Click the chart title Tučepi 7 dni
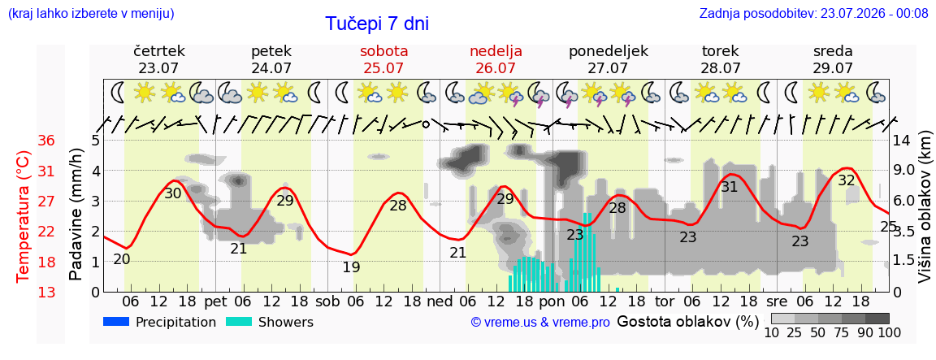pyautogui.click(x=377, y=24)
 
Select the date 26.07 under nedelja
pyautogui.click(x=496, y=67)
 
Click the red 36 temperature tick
pyautogui.click(x=46, y=141)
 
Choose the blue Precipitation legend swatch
pyautogui.click(x=116, y=322)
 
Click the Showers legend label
pyautogui.click(x=286, y=322)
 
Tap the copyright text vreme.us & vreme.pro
pyautogui.click(x=540, y=323)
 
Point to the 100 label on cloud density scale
pyautogui.click(x=889, y=332)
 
